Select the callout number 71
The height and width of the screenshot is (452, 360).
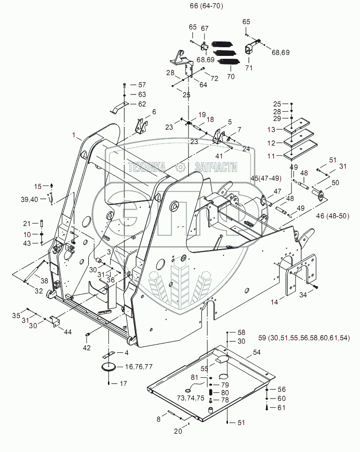tap(249, 68)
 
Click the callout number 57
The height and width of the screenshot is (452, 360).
tap(142, 84)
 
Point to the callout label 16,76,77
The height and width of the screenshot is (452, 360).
tap(139, 367)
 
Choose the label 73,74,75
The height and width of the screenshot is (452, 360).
tap(190, 398)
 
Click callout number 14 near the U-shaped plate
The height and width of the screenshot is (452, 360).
tap(274, 303)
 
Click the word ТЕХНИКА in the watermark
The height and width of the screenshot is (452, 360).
tap(147, 167)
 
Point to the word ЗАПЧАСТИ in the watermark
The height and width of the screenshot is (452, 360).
tap(215, 167)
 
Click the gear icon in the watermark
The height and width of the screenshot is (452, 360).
tap(181, 167)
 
